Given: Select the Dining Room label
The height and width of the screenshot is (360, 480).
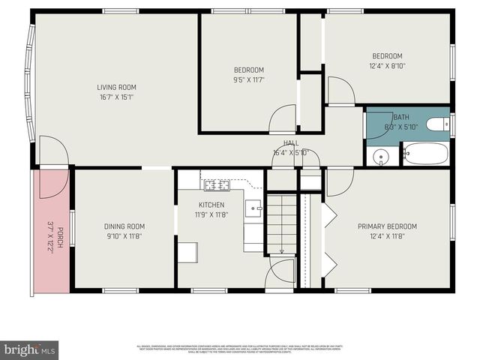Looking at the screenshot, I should point(124,226).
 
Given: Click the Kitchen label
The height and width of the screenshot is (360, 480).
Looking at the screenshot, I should point(211,205).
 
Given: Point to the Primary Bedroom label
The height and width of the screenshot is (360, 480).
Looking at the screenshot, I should point(387,226).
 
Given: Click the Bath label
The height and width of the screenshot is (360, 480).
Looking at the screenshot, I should point(401,117).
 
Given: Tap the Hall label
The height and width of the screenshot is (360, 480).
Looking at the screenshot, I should point(291,143).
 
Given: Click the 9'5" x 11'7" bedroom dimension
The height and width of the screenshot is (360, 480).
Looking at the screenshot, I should point(249,79).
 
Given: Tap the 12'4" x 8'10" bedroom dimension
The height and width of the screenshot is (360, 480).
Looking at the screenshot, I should point(388,66).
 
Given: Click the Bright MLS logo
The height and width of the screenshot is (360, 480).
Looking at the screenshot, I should point(30,349).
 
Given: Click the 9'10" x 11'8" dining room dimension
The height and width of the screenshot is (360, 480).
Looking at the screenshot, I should point(124,236).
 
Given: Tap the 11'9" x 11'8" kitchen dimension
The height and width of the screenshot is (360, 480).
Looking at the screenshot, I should point(211,214).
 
